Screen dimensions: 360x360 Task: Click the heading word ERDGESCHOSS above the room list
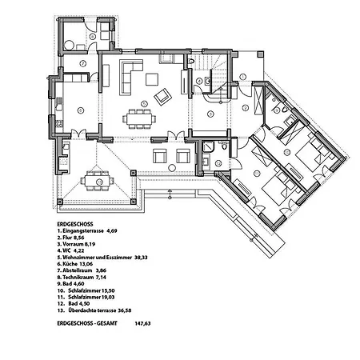tap(77, 226)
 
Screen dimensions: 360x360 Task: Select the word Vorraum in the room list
tap(74, 246)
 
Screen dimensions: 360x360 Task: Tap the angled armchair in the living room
tap(162, 96)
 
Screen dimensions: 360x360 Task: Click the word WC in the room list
tap(67, 252)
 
